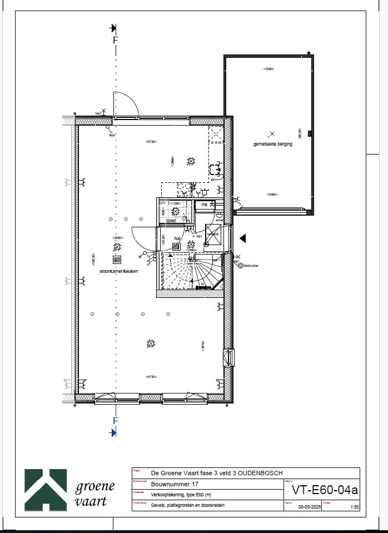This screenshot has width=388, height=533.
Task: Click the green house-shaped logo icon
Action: tap(46, 490)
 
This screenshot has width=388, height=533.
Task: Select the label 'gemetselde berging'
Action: tap(272, 144)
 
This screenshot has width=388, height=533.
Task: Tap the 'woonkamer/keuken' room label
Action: tap(118, 271)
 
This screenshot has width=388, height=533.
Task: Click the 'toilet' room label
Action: tap(171, 220)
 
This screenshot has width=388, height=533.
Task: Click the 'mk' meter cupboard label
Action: tap(204, 205)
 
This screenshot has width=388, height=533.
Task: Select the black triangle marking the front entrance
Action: tap(242, 238)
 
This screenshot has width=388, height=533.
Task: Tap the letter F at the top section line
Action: tap(116, 40)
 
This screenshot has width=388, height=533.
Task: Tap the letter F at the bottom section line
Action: tap(116, 420)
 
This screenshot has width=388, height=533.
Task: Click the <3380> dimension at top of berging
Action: tap(269, 69)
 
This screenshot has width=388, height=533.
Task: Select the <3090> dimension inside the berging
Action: tap(272, 195)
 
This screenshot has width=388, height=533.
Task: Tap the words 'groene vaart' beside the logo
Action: tap(94, 494)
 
